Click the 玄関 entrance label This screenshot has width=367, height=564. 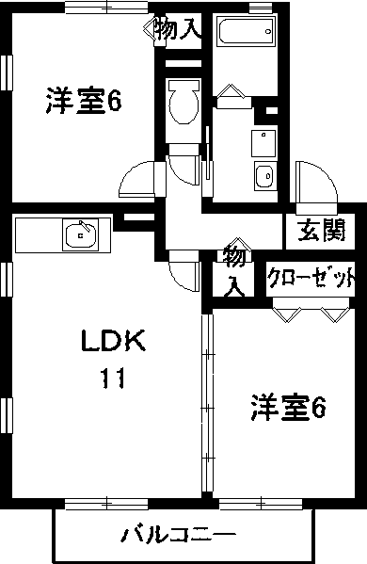tap(322, 229)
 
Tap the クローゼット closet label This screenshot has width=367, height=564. tap(311, 278)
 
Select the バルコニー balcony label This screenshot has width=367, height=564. tap(178, 536)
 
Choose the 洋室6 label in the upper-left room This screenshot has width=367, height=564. tap(84, 101)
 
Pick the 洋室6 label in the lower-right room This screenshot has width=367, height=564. tap(287, 409)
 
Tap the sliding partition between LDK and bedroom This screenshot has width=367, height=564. tap(206, 405)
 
